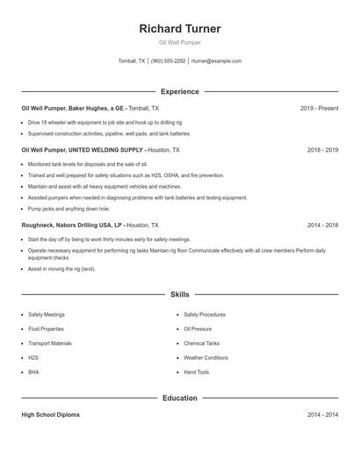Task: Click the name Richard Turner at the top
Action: [x=179, y=29]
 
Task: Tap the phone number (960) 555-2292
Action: [x=168, y=61]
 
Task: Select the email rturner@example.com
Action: [x=216, y=61]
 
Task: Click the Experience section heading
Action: [x=179, y=91]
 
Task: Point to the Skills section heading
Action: [x=179, y=295]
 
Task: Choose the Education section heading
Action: [x=179, y=398]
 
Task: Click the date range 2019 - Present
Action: [x=319, y=108]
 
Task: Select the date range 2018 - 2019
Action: [x=322, y=150]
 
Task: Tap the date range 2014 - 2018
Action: [x=322, y=225]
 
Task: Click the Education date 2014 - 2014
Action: [x=322, y=415]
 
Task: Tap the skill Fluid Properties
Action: [x=46, y=329]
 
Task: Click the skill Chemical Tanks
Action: [x=201, y=343]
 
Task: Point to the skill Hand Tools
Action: [x=196, y=372]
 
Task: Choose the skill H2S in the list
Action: [x=33, y=358]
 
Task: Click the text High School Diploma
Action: [x=50, y=415]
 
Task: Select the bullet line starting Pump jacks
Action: [x=68, y=209]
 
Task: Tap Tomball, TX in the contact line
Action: [x=132, y=61]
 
